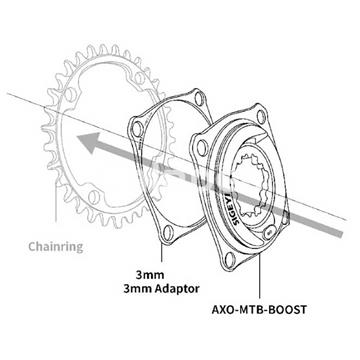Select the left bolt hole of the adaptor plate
(x=136, y=126)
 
